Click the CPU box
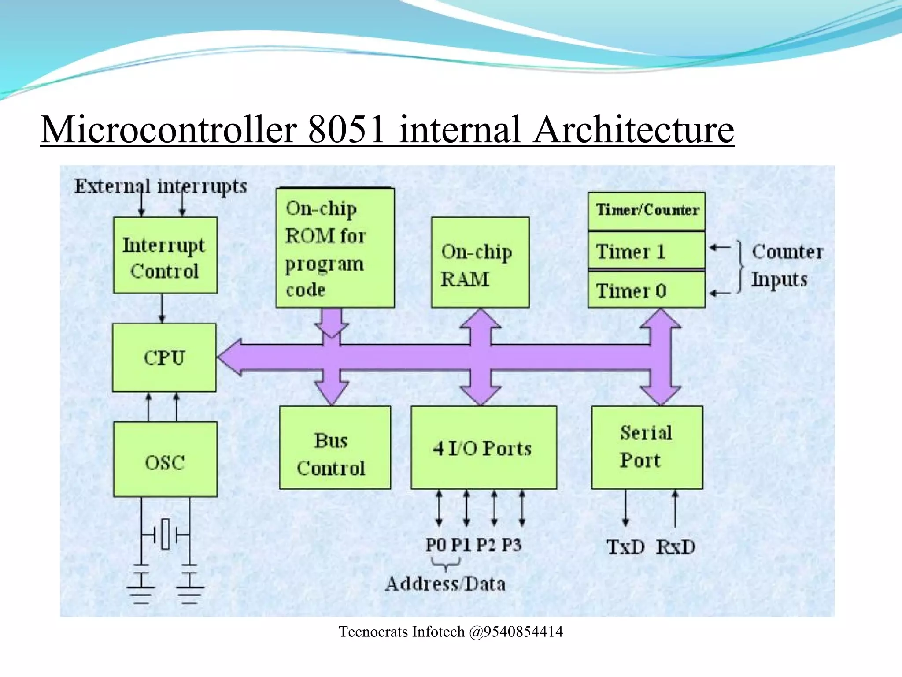(164, 357)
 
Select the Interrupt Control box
(165, 255)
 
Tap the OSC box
(165, 459)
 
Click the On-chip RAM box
(480, 263)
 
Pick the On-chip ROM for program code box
(335, 248)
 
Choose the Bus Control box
(335, 447)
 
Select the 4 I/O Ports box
(483, 447)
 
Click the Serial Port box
(647, 447)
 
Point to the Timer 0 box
(646, 290)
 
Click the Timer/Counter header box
(646, 211)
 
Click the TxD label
(625, 547)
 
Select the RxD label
(675, 547)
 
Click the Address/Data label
(445, 584)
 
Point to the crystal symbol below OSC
(165, 534)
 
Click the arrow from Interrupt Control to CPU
(162, 308)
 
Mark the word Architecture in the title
(633, 130)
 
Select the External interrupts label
(160, 186)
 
